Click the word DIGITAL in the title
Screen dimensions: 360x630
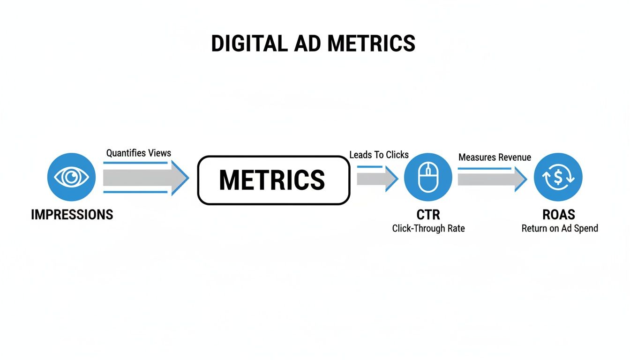click(248, 44)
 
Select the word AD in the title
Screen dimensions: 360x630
click(307, 44)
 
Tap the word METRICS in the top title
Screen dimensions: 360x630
click(371, 44)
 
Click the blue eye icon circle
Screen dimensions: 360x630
click(72, 177)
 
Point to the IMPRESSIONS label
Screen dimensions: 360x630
click(72, 215)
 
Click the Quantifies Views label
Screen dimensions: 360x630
click(139, 153)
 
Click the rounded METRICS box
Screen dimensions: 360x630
click(273, 180)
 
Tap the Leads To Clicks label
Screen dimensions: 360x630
click(379, 155)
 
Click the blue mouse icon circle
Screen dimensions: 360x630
click(428, 177)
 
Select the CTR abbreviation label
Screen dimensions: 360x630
click(428, 215)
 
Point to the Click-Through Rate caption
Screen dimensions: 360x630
click(428, 229)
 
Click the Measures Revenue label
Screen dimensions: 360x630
click(495, 157)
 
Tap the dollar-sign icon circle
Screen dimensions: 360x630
click(558, 177)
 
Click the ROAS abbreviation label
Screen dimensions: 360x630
click(559, 215)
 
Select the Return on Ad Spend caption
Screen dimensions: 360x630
click(560, 229)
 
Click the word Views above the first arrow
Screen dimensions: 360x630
click(160, 153)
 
